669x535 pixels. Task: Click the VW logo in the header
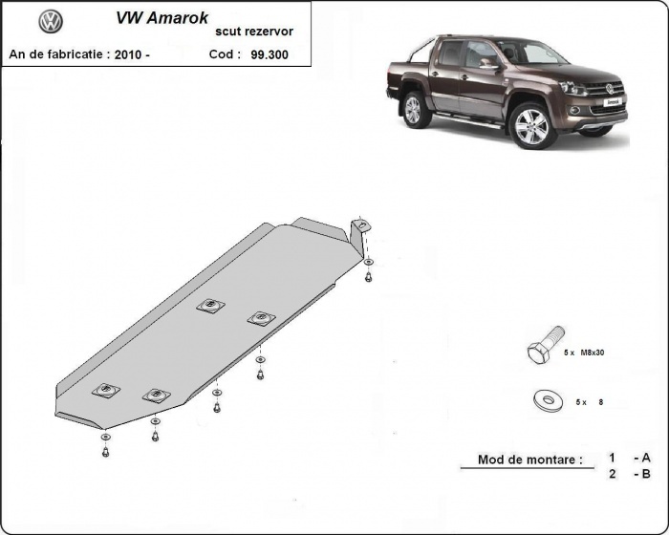51,22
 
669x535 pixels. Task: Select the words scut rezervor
255,32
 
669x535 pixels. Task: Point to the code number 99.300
270,54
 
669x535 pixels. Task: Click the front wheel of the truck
530,125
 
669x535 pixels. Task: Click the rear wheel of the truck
413,109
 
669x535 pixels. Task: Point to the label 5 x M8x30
584,353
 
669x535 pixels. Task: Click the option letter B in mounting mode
646,474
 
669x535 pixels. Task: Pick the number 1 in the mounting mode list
613,458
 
